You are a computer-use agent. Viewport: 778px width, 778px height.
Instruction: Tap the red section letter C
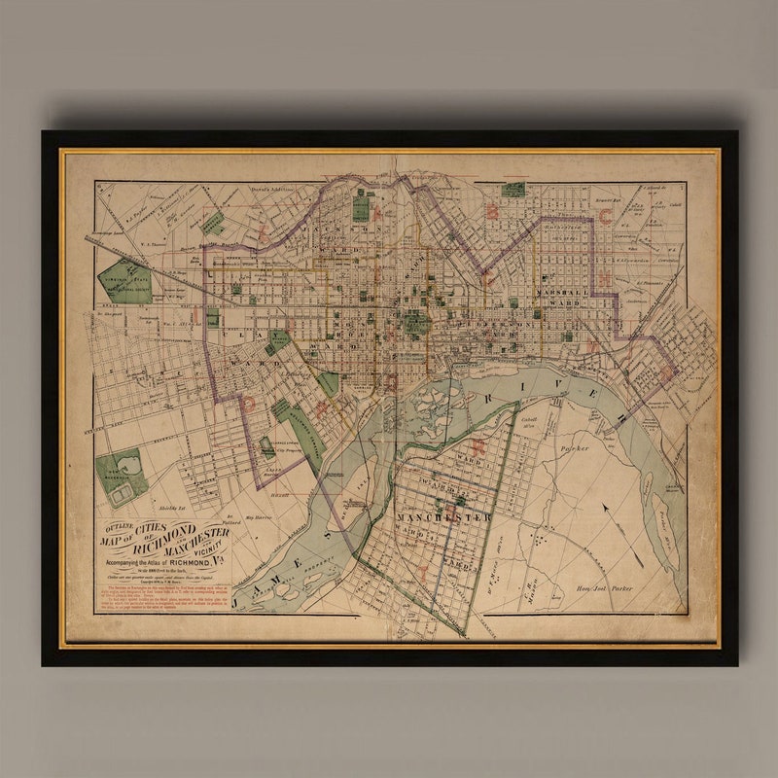point(604,217)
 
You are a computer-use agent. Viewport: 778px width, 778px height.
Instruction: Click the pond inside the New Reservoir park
point(121,493)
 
